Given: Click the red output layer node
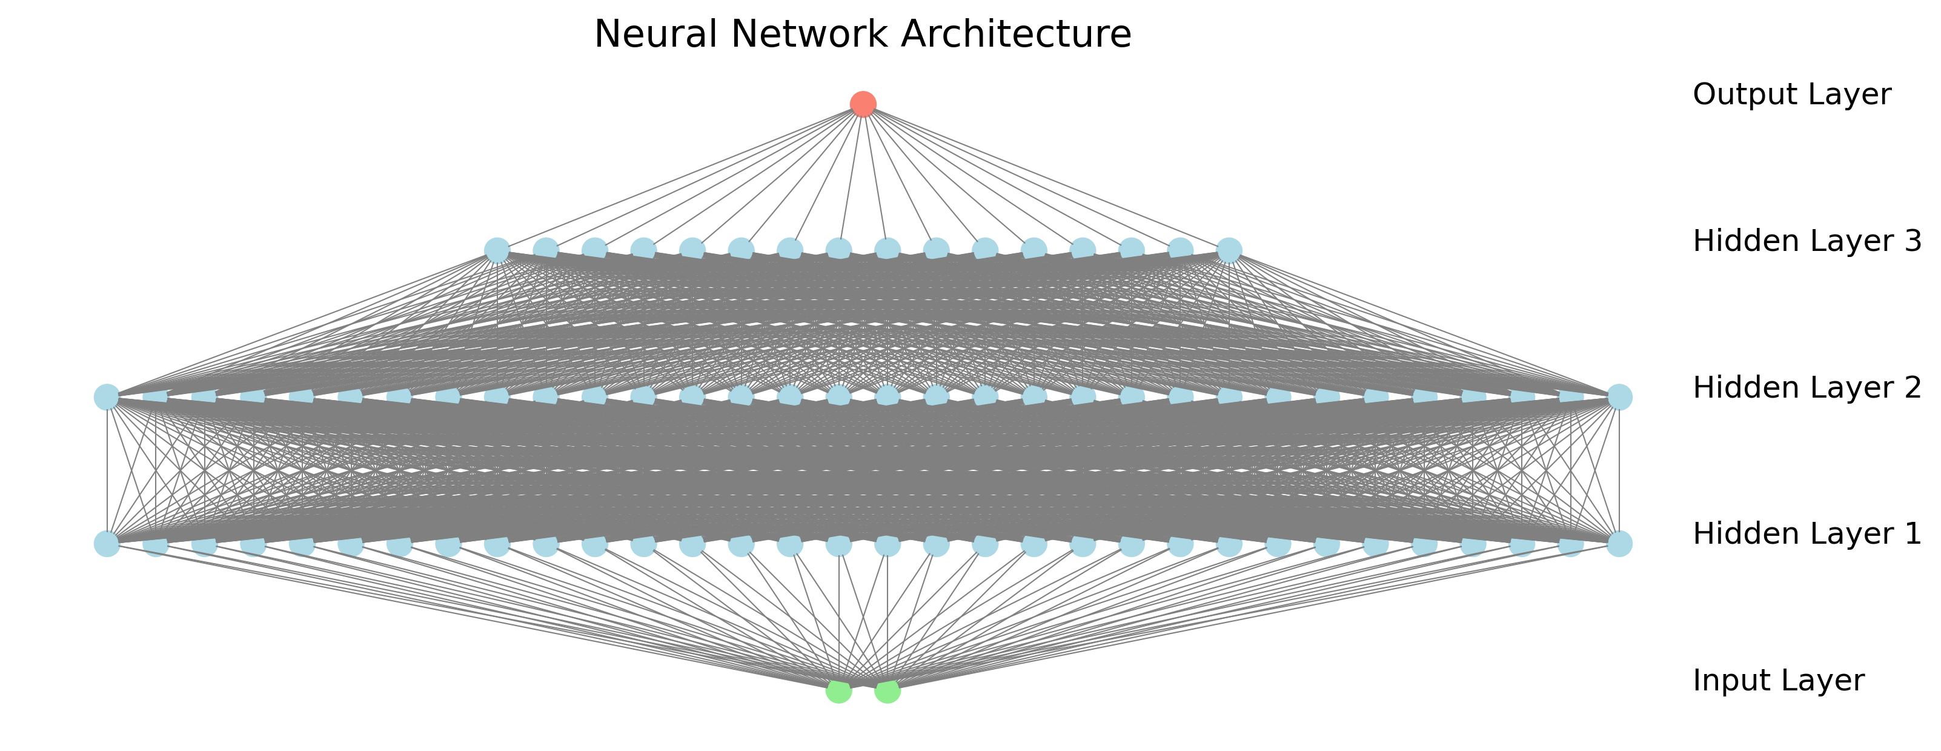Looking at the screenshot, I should (x=863, y=104).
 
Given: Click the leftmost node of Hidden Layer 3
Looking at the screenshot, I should (x=497, y=250).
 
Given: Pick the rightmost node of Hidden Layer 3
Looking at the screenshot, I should (x=1229, y=250).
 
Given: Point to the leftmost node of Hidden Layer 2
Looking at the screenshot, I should (x=106, y=396).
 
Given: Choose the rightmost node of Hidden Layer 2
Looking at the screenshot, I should (x=1619, y=396).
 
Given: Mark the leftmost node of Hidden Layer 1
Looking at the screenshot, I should (x=106, y=544).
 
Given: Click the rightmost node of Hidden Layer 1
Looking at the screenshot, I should (x=1619, y=544).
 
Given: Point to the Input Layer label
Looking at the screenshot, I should (x=1778, y=681).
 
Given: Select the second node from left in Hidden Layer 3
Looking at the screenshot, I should (x=546, y=249).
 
